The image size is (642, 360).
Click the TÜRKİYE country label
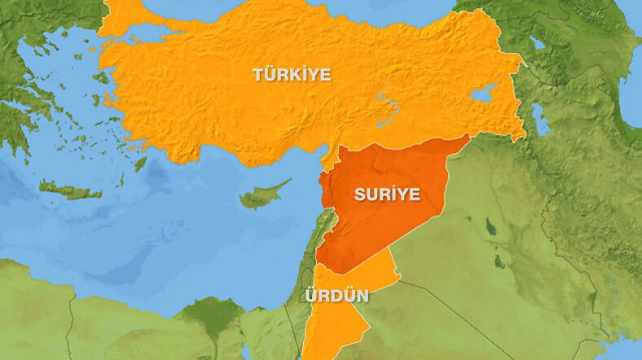pos(292,75)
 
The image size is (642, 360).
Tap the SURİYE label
pos(387,194)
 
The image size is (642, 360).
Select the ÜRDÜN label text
pos(335,296)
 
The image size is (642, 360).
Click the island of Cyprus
pos(262,195)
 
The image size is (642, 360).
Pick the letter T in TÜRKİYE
pos(257,75)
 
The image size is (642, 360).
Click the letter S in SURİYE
pos(358,195)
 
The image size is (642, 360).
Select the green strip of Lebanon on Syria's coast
pos(324,224)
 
